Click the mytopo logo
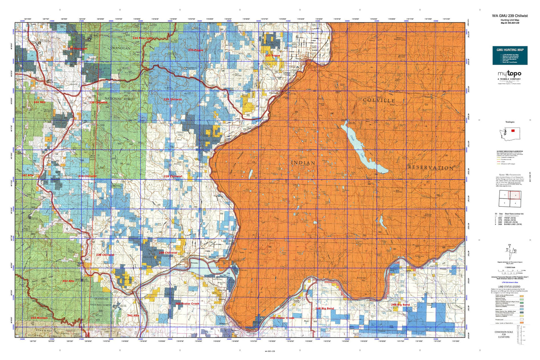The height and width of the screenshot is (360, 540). [509, 74]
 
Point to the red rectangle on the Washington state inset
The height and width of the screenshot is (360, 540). [512, 130]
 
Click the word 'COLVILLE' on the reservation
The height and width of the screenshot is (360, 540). [379, 101]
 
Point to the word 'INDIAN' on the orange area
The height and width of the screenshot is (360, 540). [303, 163]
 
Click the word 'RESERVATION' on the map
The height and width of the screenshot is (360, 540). [431, 168]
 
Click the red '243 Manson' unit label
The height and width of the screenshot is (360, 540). [39, 318]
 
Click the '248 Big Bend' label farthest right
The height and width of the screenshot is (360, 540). [400, 305]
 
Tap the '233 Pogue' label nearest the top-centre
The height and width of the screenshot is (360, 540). [196, 50]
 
